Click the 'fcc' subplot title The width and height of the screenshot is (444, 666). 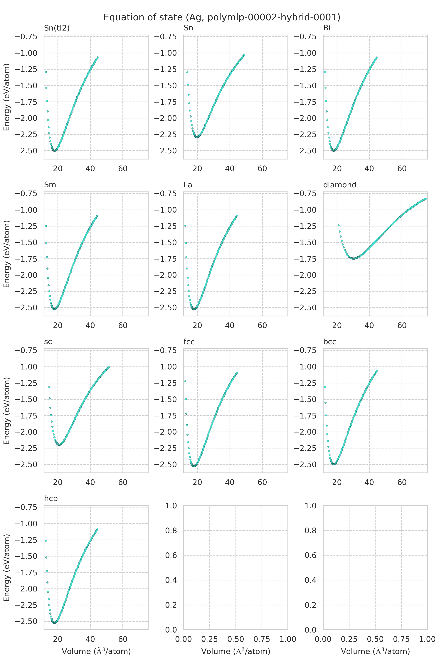coord(189,342)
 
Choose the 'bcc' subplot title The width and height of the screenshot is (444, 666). coord(330,342)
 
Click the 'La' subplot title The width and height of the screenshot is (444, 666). coord(188,185)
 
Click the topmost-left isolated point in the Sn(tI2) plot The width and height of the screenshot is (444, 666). coord(46,72)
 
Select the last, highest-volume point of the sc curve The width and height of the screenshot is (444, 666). coord(109,367)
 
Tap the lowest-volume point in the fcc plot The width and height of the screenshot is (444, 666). coord(185,381)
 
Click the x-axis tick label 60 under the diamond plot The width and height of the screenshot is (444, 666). coord(402,325)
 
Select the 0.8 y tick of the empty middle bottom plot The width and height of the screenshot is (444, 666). coord(171,530)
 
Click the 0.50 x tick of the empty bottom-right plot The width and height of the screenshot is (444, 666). coord(375,639)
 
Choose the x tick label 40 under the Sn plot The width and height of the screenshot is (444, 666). coord(230,169)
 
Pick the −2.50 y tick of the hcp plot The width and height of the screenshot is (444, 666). coord(26,621)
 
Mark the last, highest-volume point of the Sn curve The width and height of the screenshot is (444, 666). coord(244,55)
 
